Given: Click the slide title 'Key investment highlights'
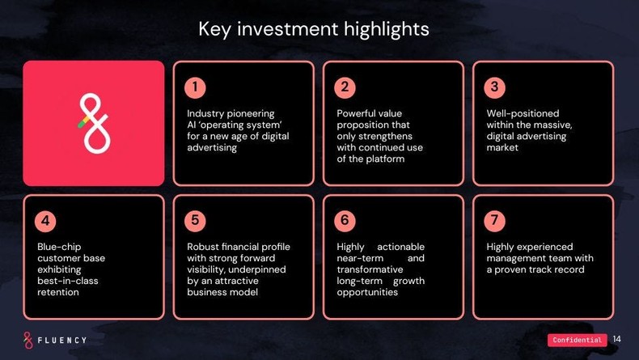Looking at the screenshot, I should coord(314,30).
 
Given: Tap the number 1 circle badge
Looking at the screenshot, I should coord(195,87).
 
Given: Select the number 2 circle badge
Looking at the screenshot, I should coord(345,87).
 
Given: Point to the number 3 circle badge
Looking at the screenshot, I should coord(494,87).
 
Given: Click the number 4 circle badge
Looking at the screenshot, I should coord(45,220).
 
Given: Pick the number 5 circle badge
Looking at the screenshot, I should coord(195,220).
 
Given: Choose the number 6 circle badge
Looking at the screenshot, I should coord(345,220).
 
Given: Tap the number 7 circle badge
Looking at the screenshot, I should coord(494,220).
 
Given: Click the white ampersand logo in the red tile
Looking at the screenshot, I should coord(93,123).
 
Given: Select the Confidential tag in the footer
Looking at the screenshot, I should coord(578,340).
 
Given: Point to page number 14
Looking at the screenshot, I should coord(617,339).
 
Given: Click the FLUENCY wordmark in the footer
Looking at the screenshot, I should coord(61,340).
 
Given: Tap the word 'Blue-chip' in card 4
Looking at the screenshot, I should coord(60,247).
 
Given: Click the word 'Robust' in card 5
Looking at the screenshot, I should coord(204,247).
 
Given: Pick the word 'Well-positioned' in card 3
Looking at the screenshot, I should coord(523,113).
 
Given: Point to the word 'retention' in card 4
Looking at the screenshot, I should coord(58,292).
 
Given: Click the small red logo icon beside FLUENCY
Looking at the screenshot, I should coord(28,339).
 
